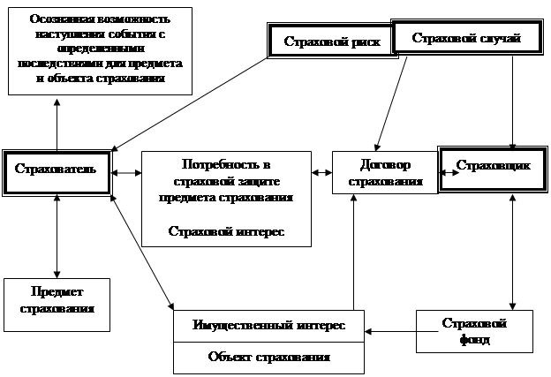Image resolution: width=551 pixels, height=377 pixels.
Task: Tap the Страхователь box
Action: [x=57, y=166]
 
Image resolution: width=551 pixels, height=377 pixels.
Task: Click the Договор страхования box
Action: [x=384, y=172]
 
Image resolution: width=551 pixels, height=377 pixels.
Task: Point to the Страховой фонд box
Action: [x=474, y=330]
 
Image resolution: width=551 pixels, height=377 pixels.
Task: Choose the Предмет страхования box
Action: [x=57, y=302]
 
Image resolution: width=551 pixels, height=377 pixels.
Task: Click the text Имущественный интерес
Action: [x=268, y=326]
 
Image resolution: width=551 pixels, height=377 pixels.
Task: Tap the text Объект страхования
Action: [x=268, y=358]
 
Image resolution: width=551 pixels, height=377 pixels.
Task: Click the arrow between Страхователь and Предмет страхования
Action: [x=57, y=238]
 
